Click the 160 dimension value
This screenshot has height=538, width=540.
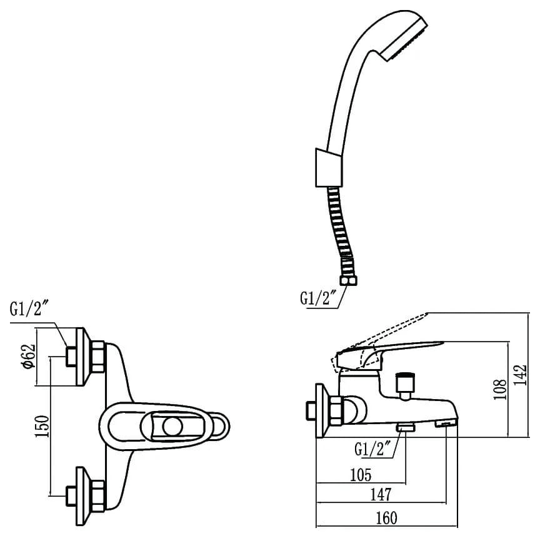point(386,517)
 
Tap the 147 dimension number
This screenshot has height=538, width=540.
point(381,495)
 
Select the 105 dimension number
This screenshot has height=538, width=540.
point(361,475)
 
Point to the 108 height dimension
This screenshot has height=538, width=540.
point(500,390)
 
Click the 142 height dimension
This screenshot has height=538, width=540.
point(521,375)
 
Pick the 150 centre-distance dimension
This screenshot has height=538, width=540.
point(42,426)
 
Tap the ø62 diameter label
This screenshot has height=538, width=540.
point(29,357)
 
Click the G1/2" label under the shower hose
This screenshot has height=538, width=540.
point(318,298)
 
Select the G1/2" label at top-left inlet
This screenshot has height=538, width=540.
point(29,308)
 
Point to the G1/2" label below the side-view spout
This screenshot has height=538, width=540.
point(372,449)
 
